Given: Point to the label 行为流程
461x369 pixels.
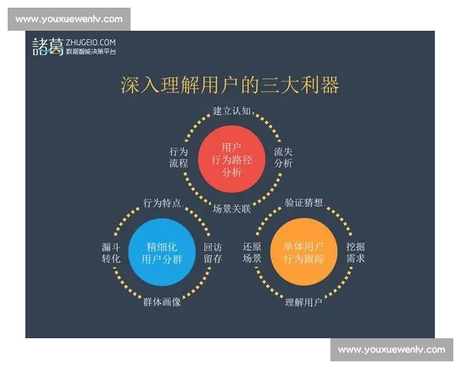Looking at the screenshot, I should coord(178,158).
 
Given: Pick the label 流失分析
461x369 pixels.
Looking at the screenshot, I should coord(284,158).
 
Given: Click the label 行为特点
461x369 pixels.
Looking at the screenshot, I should coord(162,203).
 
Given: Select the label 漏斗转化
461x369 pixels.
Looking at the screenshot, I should coord(111,253).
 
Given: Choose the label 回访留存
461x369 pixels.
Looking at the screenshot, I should coord(213,253).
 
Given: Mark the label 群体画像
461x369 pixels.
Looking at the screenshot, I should coord(162,302).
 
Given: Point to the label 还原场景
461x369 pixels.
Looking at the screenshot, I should coord(252,253).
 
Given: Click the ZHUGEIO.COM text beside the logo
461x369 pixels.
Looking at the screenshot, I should coord(91,42).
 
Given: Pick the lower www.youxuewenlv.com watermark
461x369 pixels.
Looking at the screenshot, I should coord(391,350).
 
